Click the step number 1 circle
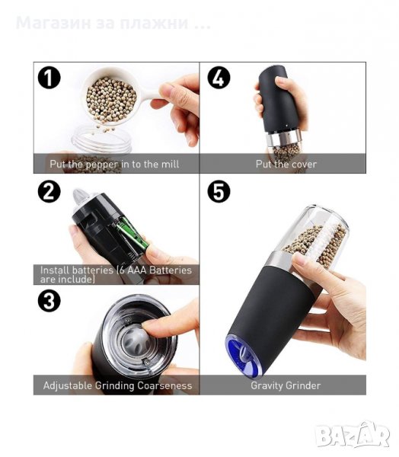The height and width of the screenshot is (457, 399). pyautogui.click(x=49, y=78)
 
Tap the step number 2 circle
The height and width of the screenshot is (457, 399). pyautogui.click(x=49, y=191)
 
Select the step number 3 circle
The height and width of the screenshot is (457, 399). pyautogui.click(x=49, y=301)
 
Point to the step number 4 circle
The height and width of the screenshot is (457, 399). pyautogui.click(x=219, y=78)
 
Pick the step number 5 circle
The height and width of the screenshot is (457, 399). pyautogui.click(x=219, y=191)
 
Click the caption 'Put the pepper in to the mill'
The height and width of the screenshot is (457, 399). pyautogui.click(x=114, y=165)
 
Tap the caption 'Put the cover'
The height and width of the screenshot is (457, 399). pyautogui.click(x=286, y=164)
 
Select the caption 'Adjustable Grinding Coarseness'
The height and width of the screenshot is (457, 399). pyautogui.click(x=117, y=385)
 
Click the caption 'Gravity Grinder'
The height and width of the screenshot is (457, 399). pyautogui.click(x=286, y=385)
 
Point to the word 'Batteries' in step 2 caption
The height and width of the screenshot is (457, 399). pyautogui.click(x=171, y=270)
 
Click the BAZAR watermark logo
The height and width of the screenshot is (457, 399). pyautogui.click(x=353, y=435)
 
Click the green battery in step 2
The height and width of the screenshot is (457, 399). pyautogui.click(x=130, y=232)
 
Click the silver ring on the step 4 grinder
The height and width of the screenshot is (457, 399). pyautogui.click(x=283, y=138)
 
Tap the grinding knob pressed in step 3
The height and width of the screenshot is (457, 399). pyautogui.click(x=136, y=341)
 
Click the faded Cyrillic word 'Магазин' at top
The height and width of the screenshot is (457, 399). pyautogui.click(x=53, y=23)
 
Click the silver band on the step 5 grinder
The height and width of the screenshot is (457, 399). pyautogui.click(x=280, y=260)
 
